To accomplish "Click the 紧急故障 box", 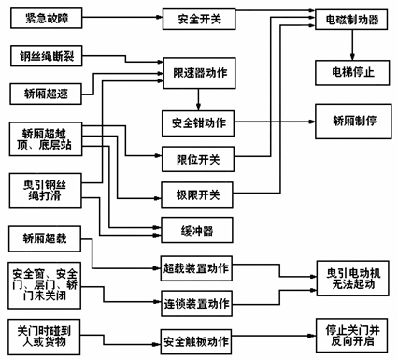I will pyautogui.click(x=43, y=18).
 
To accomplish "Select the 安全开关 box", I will pyautogui.click(x=197, y=18).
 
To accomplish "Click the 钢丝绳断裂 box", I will pyautogui.click(x=45, y=57).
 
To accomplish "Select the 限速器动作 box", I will pyautogui.click(x=197, y=72).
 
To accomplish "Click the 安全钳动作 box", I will pyautogui.click(x=197, y=122).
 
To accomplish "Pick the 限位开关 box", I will pyautogui.click(x=197, y=159).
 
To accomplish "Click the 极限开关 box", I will pyautogui.click(x=197, y=195).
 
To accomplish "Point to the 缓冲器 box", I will pyautogui.click(x=197, y=230).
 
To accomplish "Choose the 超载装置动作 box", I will pyautogui.click(x=197, y=267).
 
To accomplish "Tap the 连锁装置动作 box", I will pyautogui.click(x=197, y=303).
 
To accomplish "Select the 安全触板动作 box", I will pyautogui.click(x=197, y=338).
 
